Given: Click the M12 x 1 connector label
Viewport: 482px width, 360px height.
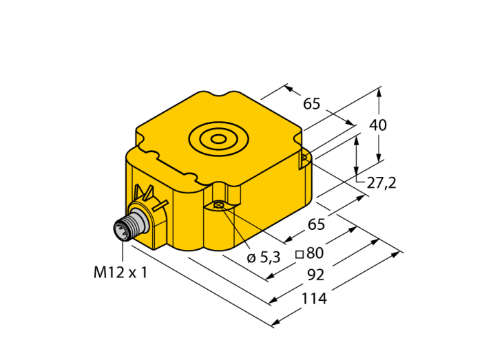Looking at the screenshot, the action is [x=120, y=272].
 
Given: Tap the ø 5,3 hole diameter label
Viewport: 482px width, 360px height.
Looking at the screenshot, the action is [x=264, y=257].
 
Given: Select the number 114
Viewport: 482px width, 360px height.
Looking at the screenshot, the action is [x=314, y=299].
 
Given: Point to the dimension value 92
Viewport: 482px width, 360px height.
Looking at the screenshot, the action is [x=316, y=275].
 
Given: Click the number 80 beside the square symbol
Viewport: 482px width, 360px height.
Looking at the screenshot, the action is [x=315, y=253].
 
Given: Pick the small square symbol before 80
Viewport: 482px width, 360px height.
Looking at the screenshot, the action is [x=300, y=254].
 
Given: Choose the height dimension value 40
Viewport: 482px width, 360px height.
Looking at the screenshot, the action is [x=378, y=125].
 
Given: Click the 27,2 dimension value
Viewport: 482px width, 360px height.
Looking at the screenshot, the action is [x=381, y=183].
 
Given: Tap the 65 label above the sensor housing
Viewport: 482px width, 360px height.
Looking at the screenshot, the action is [x=312, y=104].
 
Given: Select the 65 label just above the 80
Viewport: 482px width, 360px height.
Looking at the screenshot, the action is [x=316, y=224].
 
